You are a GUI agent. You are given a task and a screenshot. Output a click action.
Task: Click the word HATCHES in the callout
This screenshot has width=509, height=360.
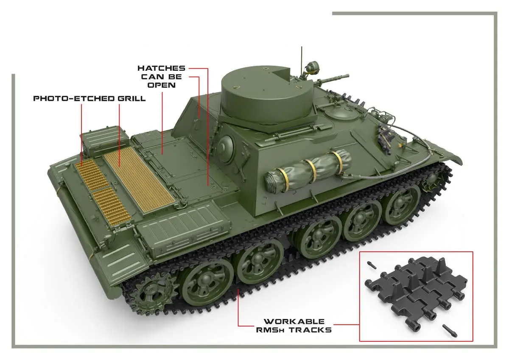coord(161,68)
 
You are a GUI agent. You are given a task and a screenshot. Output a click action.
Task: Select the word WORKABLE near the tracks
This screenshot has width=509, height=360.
coord(294,321)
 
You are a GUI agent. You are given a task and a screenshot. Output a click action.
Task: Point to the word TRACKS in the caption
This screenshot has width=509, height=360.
coord(310,330)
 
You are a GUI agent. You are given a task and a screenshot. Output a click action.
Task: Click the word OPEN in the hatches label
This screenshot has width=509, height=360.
coord(162,85)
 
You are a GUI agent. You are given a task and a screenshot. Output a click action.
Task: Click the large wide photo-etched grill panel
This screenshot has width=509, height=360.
coord(139,180)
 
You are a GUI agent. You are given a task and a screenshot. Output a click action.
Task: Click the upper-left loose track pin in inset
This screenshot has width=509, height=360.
coord(372,265)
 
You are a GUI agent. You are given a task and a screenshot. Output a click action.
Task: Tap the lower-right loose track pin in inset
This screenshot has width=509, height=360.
coord(450,331)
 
